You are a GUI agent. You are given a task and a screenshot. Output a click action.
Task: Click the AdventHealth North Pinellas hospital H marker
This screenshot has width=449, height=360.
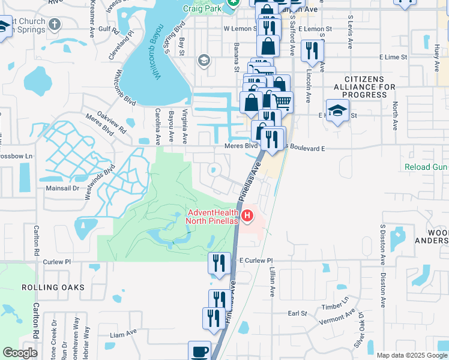(247, 214)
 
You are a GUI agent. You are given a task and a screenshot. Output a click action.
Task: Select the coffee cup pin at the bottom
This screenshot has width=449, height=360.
(199, 351)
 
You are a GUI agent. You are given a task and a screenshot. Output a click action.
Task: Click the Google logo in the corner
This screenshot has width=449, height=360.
(20, 353)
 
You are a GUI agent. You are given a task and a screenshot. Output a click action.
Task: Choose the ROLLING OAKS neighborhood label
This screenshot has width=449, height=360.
(53, 287)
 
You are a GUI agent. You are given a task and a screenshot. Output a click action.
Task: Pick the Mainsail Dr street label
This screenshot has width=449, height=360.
(62, 188)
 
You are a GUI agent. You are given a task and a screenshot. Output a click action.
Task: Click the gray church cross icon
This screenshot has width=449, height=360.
(55, 25)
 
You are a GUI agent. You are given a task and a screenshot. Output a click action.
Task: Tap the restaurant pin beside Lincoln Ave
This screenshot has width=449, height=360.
(312, 50)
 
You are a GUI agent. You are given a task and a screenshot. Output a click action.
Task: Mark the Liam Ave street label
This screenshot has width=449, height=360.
(124, 337)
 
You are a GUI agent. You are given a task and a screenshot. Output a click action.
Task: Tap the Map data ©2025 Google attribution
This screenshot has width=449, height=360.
(412, 355)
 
